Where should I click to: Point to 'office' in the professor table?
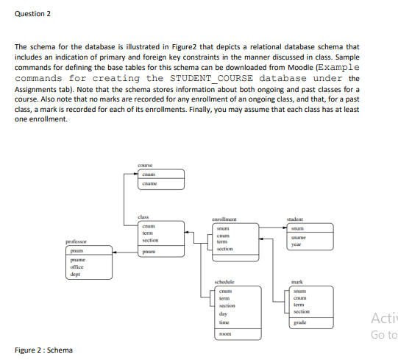75,267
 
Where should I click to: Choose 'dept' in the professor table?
74,274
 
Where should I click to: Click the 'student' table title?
295,219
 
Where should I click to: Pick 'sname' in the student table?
298,239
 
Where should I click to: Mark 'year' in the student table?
296,245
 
